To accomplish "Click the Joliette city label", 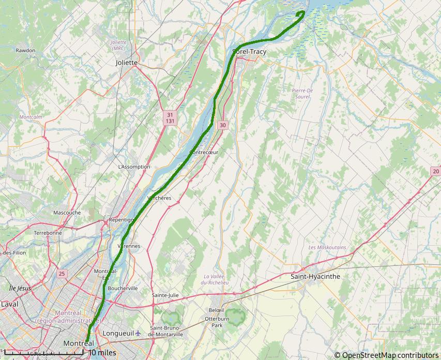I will pyautogui.click(x=127, y=63).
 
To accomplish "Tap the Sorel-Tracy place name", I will pyautogui.click(x=250, y=52).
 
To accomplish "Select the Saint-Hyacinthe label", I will pyautogui.click(x=315, y=277).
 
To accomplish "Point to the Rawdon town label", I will pyautogui.click(x=25, y=51).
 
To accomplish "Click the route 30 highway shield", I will pyautogui.click(x=222, y=125).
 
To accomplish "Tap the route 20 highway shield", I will pyautogui.click(x=436, y=171).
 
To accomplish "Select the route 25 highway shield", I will pyautogui.click(x=62, y=274).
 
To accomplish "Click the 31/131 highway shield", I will pyautogui.click(x=170, y=117).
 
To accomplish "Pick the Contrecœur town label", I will pyautogui.click(x=204, y=153).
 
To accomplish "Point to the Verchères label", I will pyautogui.click(x=159, y=198).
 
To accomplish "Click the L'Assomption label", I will pyautogui.click(x=134, y=167).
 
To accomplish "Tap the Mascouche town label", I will pyautogui.click(x=67, y=213).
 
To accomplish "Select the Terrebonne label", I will pyautogui.click(x=48, y=233).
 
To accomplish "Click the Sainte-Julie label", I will pyautogui.click(x=165, y=295).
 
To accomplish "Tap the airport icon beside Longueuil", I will pyautogui.click(x=138, y=333).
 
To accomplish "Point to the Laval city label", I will pyautogui.click(x=9, y=304).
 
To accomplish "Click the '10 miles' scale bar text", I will pyautogui.click(x=102, y=353).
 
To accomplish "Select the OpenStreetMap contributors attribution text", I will pyautogui.click(x=386, y=355).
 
